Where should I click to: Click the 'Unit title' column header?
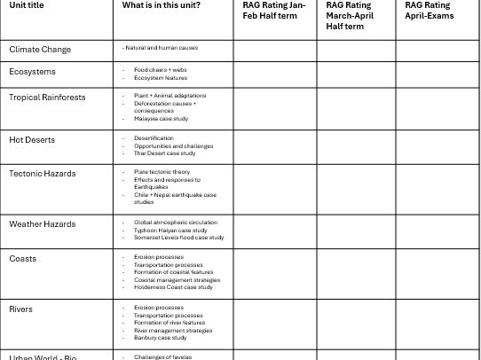coord(27,5)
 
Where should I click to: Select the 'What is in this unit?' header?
coord(162,5)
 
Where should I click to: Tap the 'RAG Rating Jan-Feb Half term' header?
coord(273,11)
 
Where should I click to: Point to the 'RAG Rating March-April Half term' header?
coord(350,16)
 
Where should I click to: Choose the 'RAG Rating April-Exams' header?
coord(428,11)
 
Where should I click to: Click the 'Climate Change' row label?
coord(40,50)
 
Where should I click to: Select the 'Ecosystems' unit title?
coord(32,72)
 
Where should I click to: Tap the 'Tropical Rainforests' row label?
coord(46,97)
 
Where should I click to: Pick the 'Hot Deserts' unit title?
coord(32,140)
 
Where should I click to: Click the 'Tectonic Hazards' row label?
coord(43,174)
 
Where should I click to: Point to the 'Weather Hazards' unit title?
coord(43,224)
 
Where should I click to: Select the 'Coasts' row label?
coord(23,259)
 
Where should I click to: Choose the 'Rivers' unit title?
coord(21,309)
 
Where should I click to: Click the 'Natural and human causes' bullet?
coord(162,48)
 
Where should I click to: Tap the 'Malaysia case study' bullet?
coord(162,119)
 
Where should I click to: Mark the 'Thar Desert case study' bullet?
coord(165,153)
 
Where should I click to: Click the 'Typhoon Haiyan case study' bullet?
coord(170,231)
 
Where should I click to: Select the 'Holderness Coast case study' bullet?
coord(173,287)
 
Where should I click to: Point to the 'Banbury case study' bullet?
coord(161,338)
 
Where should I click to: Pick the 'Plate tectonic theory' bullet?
coord(162,172)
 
